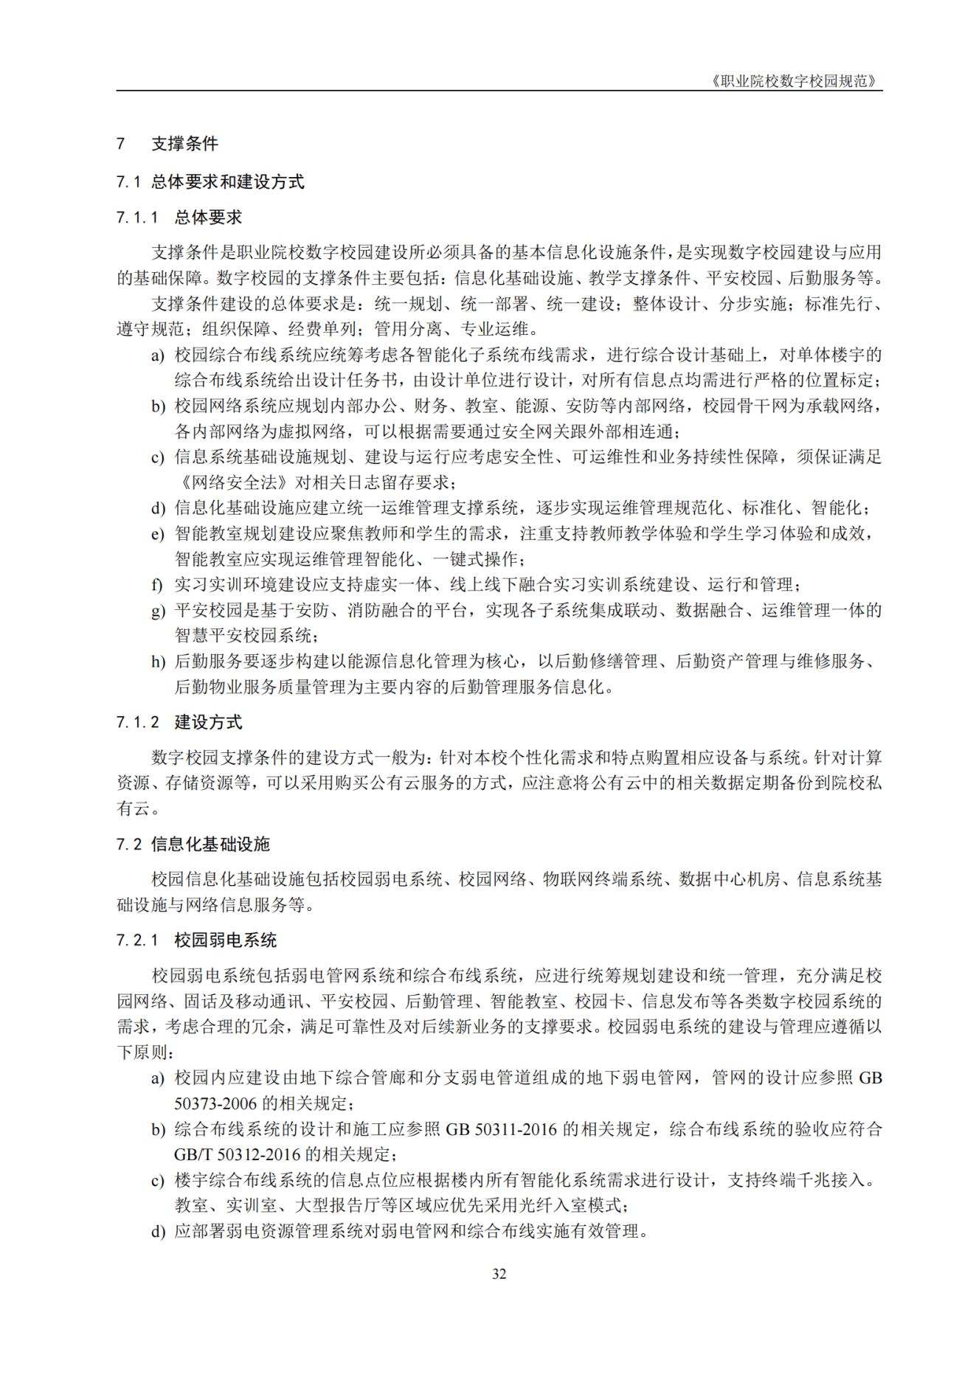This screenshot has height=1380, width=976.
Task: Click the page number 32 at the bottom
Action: [x=499, y=1274]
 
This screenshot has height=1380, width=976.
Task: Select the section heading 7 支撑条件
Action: [x=167, y=144]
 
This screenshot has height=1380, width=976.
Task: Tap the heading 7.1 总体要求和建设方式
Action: [x=210, y=181]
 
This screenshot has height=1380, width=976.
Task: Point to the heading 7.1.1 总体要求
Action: [x=179, y=217]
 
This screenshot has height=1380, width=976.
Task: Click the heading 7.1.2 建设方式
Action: [x=179, y=722]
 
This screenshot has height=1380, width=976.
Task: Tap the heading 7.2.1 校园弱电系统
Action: [x=196, y=940]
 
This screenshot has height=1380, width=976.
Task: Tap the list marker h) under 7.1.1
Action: [x=158, y=662]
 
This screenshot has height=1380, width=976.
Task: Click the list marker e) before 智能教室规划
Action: [x=157, y=534]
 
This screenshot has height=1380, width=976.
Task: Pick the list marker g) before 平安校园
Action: [x=158, y=611]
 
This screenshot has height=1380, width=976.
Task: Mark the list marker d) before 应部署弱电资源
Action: [x=158, y=1231]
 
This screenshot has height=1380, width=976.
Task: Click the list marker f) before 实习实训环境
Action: [x=156, y=586]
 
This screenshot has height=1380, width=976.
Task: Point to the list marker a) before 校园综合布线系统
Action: [x=158, y=356]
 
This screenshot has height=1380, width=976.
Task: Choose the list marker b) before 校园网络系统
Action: [x=158, y=406]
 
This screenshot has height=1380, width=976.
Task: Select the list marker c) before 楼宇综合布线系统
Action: [x=158, y=1180]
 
